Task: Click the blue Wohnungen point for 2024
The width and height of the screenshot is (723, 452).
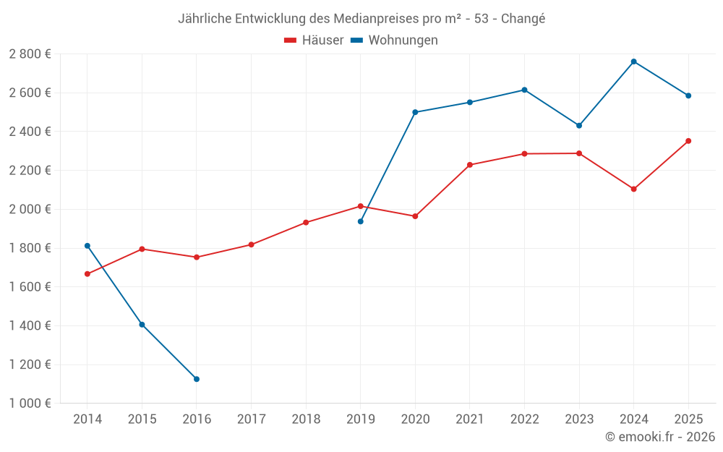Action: (x=633, y=61)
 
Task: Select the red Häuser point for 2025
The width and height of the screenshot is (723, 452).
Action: (x=688, y=141)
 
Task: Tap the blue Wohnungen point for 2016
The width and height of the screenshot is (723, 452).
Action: (x=197, y=379)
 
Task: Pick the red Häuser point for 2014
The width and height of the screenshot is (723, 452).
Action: (x=87, y=274)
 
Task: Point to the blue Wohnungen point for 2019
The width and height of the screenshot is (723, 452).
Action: (x=361, y=221)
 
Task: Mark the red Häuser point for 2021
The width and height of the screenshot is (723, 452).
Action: (x=470, y=165)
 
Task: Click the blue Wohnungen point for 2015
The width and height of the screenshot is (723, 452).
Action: (x=142, y=325)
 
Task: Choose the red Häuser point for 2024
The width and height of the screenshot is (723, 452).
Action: (x=633, y=189)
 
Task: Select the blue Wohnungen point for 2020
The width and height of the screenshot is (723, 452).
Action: (x=415, y=112)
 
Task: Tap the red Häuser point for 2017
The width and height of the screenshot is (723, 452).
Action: (x=252, y=244)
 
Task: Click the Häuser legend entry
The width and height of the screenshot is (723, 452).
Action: (x=314, y=40)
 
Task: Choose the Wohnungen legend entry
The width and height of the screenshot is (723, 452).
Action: (x=394, y=40)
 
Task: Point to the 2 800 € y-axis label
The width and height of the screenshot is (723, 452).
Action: (x=30, y=54)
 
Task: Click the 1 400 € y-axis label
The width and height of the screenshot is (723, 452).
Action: (x=30, y=325)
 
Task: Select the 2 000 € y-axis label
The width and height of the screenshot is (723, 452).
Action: (x=30, y=210)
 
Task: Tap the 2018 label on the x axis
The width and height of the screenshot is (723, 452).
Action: (x=306, y=419)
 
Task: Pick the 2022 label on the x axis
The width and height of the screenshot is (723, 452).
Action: (x=524, y=419)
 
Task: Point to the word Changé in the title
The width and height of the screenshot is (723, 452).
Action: (x=523, y=19)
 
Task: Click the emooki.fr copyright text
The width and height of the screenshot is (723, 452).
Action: (x=660, y=436)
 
